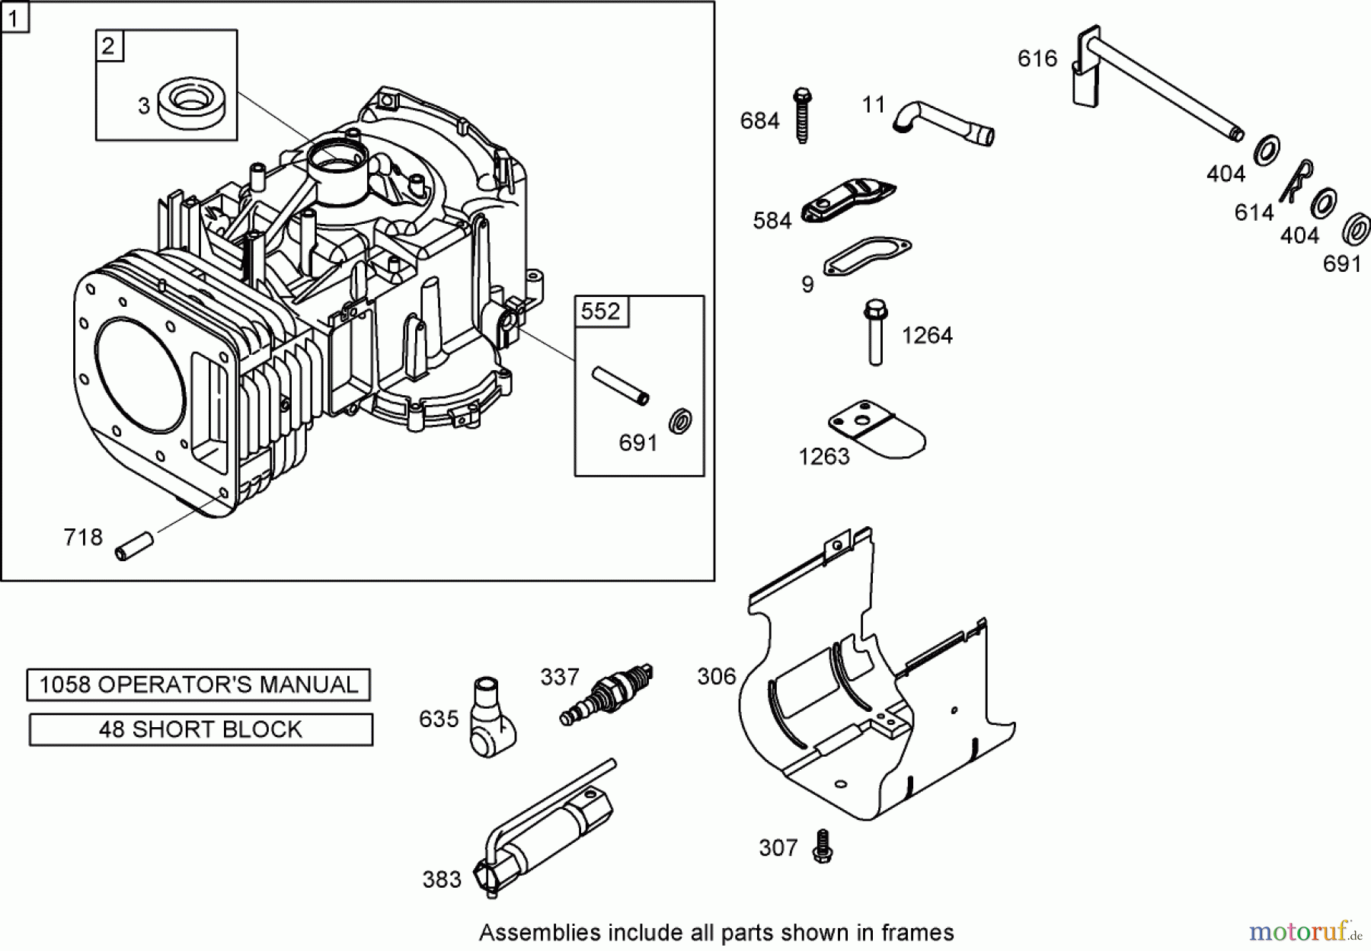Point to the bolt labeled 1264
tap(874, 333)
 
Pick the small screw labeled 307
tap(821, 845)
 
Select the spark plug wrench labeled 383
tap(545, 828)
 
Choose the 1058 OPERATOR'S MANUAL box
tap(198, 685)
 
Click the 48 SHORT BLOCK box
tap(200, 729)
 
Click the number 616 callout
tap(1037, 59)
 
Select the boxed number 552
tap(601, 311)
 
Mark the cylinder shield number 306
tap(717, 676)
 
